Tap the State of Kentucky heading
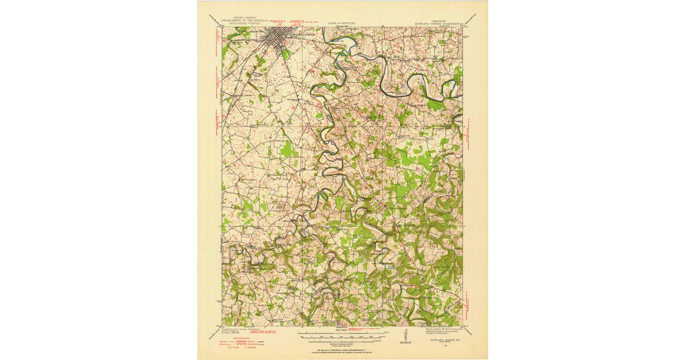(341, 24)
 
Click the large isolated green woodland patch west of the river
(289, 150)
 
